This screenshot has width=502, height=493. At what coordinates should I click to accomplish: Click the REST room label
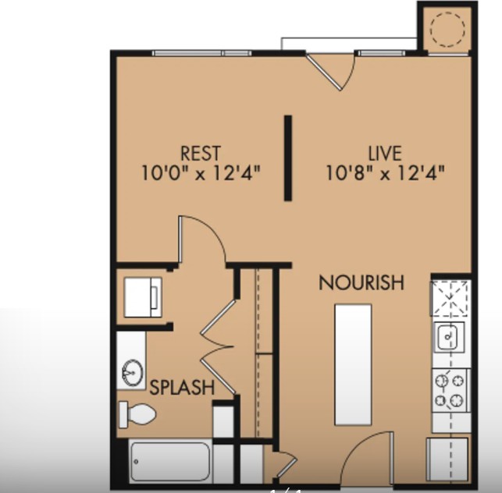[200, 153]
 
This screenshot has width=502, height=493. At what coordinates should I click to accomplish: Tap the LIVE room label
[385, 153]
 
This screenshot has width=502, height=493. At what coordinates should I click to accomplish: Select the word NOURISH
[361, 283]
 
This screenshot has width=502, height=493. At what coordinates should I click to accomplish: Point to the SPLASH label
[182, 387]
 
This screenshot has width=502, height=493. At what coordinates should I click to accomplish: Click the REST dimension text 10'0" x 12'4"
[201, 173]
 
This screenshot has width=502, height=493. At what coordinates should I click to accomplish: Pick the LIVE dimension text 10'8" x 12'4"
[386, 173]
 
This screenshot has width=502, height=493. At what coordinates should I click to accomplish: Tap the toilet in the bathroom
[137, 413]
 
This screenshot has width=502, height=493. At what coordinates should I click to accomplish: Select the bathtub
[170, 462]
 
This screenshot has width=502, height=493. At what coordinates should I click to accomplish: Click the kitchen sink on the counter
[449, 338]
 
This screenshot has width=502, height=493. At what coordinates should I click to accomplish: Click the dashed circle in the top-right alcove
[446, 30]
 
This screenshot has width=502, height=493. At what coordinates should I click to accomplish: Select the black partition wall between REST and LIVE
[288, 157]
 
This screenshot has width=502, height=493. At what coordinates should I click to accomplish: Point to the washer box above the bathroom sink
[144, 297]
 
